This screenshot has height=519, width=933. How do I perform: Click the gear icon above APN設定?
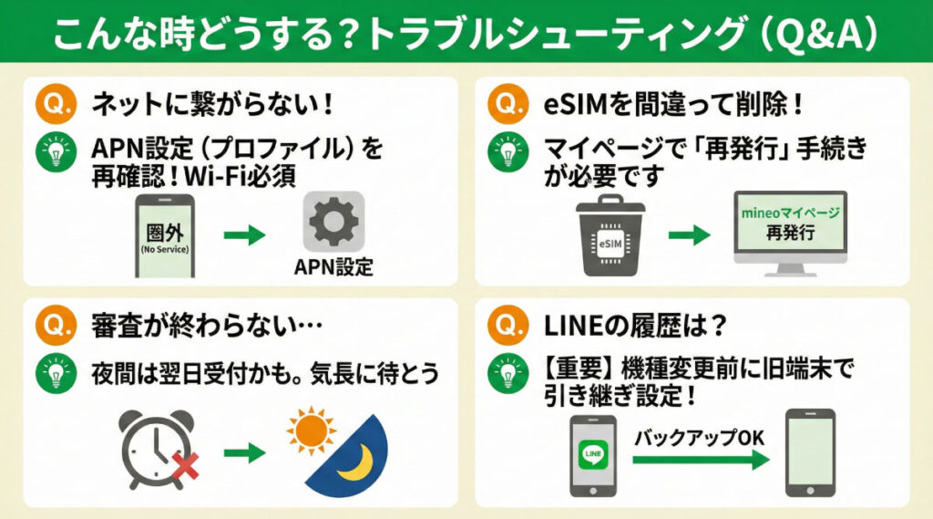[334, 222]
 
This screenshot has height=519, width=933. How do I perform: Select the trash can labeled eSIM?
[610, 234]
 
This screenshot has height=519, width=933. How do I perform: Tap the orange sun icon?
[312, 426]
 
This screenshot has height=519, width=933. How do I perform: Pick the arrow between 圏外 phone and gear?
[245, 235]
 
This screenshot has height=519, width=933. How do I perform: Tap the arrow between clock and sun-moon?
[245, 450]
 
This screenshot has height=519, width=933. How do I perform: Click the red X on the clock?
[182, 468]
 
